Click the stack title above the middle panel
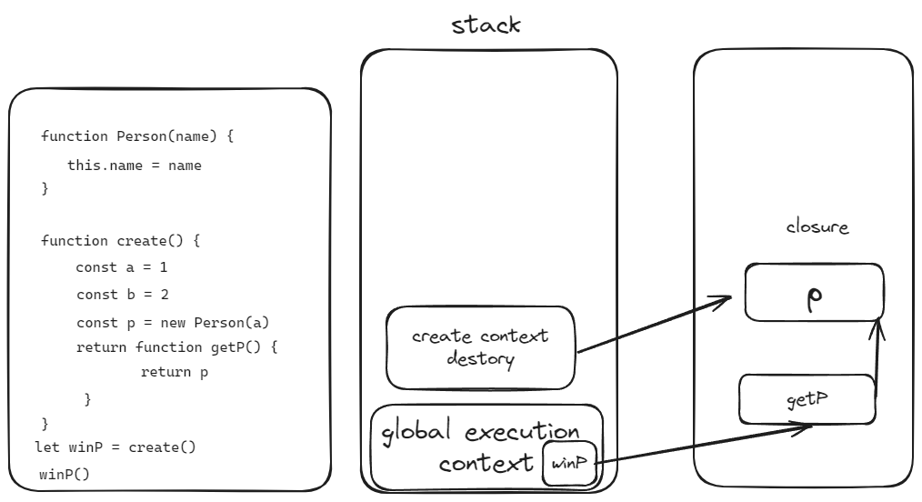point(486,25)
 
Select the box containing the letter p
point(814,292)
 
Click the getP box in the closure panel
point(807,399)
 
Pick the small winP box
point(568,464)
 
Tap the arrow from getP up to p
point(877,355)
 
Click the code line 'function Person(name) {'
point(139,137)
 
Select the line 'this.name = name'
point(135,166)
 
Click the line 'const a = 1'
point(121,268)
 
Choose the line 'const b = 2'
point(121,295)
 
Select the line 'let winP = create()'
point(115,448)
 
